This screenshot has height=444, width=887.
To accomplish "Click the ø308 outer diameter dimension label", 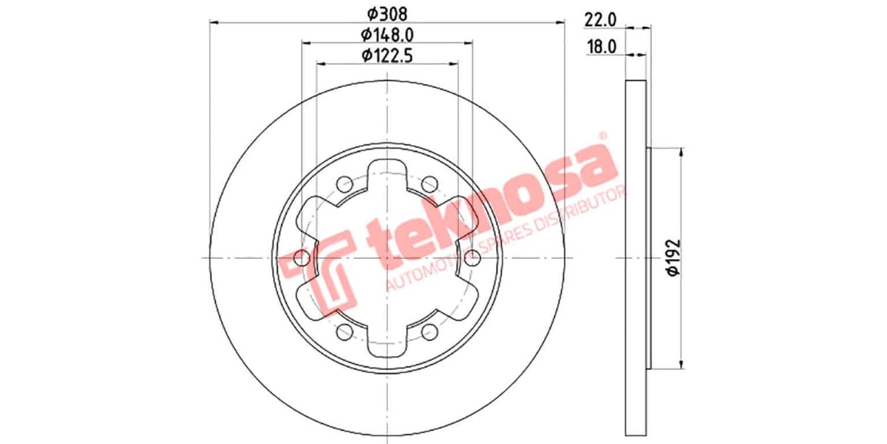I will click(387, 13).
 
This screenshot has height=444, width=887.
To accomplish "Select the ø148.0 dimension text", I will click(387, 34).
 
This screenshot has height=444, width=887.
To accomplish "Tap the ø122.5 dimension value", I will click(387, 55).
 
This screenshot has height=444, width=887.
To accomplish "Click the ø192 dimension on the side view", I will click(672, 258).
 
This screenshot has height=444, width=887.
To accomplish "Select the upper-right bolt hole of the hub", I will click(429, 184).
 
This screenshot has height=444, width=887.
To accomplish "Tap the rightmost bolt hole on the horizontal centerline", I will click(473, 258).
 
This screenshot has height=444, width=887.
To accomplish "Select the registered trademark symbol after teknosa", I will click(602, 136).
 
